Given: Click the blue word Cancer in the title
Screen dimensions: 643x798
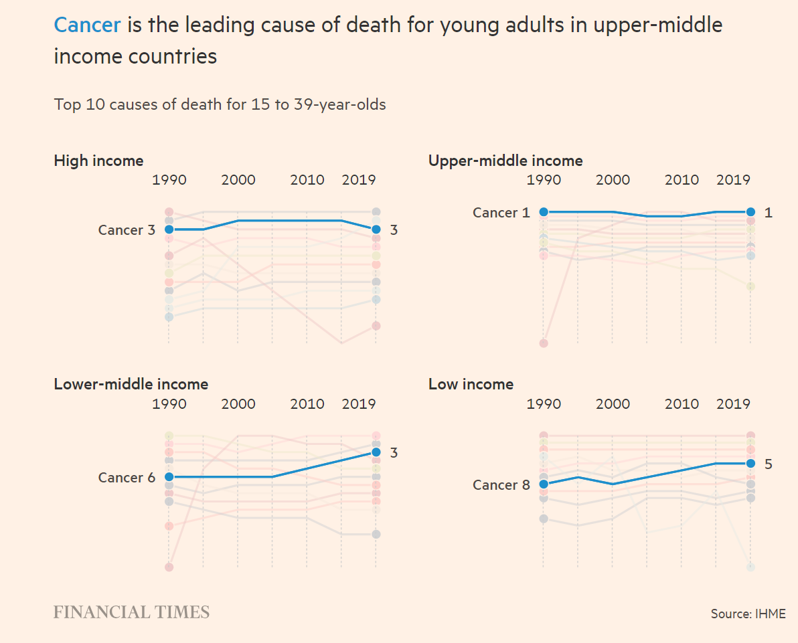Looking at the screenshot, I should pos(87,25).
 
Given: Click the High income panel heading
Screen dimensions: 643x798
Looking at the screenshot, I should pos(98,161).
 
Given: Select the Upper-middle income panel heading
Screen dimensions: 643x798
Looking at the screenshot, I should pos(505,161).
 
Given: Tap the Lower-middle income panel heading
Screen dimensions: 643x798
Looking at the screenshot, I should pos(131,384).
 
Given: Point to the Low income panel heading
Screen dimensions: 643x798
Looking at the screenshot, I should pos(471,384).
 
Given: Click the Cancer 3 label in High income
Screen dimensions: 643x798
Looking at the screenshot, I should pos(126,230).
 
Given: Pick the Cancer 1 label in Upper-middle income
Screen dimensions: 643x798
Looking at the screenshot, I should pos(501,213).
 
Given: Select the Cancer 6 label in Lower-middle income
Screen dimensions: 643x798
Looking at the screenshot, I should pos(126,478).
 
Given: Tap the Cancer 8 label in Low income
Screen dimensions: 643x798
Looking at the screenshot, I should pos(501,485).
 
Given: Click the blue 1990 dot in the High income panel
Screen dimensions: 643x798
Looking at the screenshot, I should pos(169,229).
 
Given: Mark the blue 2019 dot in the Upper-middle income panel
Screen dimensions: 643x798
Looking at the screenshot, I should pos(750,212).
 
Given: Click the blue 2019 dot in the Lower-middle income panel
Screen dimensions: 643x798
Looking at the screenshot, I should pos(376,452).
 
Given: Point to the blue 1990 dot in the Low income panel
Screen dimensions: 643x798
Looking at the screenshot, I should pos(544,484).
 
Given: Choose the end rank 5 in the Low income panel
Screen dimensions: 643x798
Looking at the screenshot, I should pos(768,464).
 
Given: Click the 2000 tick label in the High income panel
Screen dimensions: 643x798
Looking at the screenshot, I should pos(238,180).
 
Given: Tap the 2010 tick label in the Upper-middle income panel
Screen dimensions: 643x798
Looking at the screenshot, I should pos(682,180).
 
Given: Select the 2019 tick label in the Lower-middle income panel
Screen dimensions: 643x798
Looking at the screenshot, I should pos(359,403).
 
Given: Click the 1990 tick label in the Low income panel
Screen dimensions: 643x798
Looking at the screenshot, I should pos(544,403).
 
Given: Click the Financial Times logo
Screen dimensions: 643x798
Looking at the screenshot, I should pos(131,612).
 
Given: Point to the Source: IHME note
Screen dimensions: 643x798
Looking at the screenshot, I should pos(748,614).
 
